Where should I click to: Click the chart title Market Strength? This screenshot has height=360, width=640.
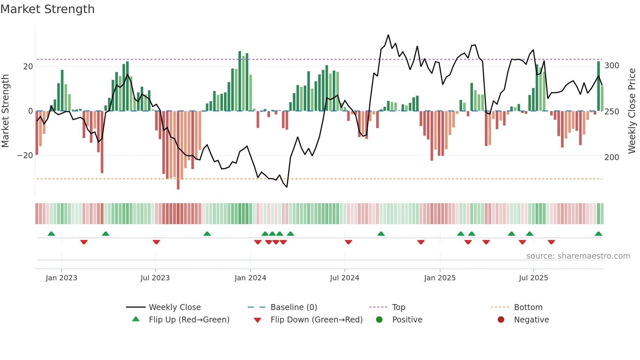[47, 9]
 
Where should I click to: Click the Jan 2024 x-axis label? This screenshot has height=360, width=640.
[250, 278]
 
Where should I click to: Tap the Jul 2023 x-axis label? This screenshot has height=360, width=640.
[155, 278]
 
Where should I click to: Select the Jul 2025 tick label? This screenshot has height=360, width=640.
[533, 278]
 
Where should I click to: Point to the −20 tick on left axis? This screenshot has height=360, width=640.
[25, 155]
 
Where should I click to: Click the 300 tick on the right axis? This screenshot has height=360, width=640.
[612, 66]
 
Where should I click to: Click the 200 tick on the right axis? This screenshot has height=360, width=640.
[612, 157]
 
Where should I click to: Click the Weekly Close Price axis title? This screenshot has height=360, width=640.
[632, 111]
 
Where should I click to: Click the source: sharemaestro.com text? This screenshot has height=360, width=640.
[578, 256]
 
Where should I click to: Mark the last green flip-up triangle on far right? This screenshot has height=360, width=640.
[598, 234]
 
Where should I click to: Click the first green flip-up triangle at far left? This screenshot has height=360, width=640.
[51, 234]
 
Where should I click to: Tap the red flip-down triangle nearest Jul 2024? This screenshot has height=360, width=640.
[348, 242]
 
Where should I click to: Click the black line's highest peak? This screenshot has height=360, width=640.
[388, 35]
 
